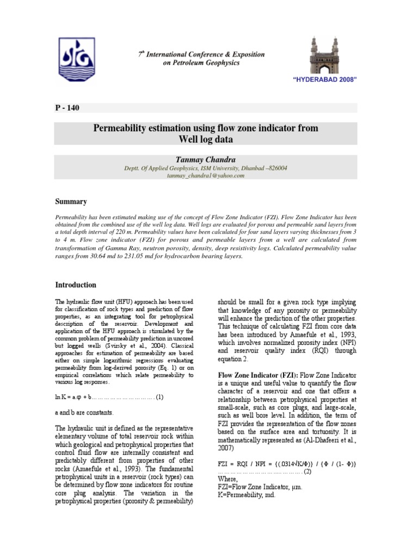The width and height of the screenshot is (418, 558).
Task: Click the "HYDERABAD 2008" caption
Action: [x=325, y=80]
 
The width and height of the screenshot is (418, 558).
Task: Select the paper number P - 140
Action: [x=68, y=107]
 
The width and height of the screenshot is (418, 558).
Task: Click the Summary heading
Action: [x=71, y=202]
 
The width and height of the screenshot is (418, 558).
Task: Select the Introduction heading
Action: [x=76, y=285]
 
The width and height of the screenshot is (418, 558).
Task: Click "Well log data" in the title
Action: [x=206, y=139]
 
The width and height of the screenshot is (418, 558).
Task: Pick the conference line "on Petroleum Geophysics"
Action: [x=200, y=63]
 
